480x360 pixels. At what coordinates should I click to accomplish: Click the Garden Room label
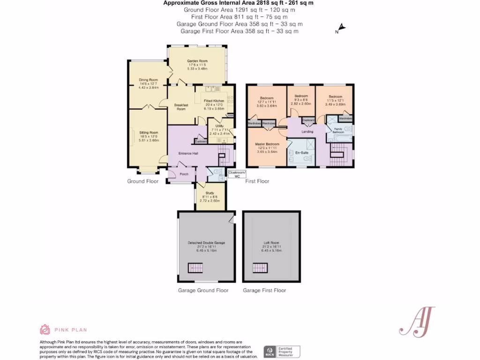(x=197, y=61)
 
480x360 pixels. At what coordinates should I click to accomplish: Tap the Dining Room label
(x=148, y=80)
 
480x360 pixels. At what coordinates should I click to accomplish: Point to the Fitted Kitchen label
(x=215, y=101)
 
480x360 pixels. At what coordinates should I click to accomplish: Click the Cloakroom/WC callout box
(x=237, y=174)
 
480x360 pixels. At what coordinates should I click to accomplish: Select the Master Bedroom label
(x=267, y=144)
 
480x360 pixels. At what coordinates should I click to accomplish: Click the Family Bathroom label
(x=338, y=130)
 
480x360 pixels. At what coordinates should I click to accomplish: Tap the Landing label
(x=307, y=132)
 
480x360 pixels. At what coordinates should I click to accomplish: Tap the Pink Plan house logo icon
(x=45, y=330)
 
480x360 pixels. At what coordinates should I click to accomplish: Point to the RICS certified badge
(x=282, y=352)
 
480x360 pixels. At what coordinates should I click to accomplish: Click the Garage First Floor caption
(x=264, y=291)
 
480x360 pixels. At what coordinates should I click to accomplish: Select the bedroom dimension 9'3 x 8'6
(x=300, y=100)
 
